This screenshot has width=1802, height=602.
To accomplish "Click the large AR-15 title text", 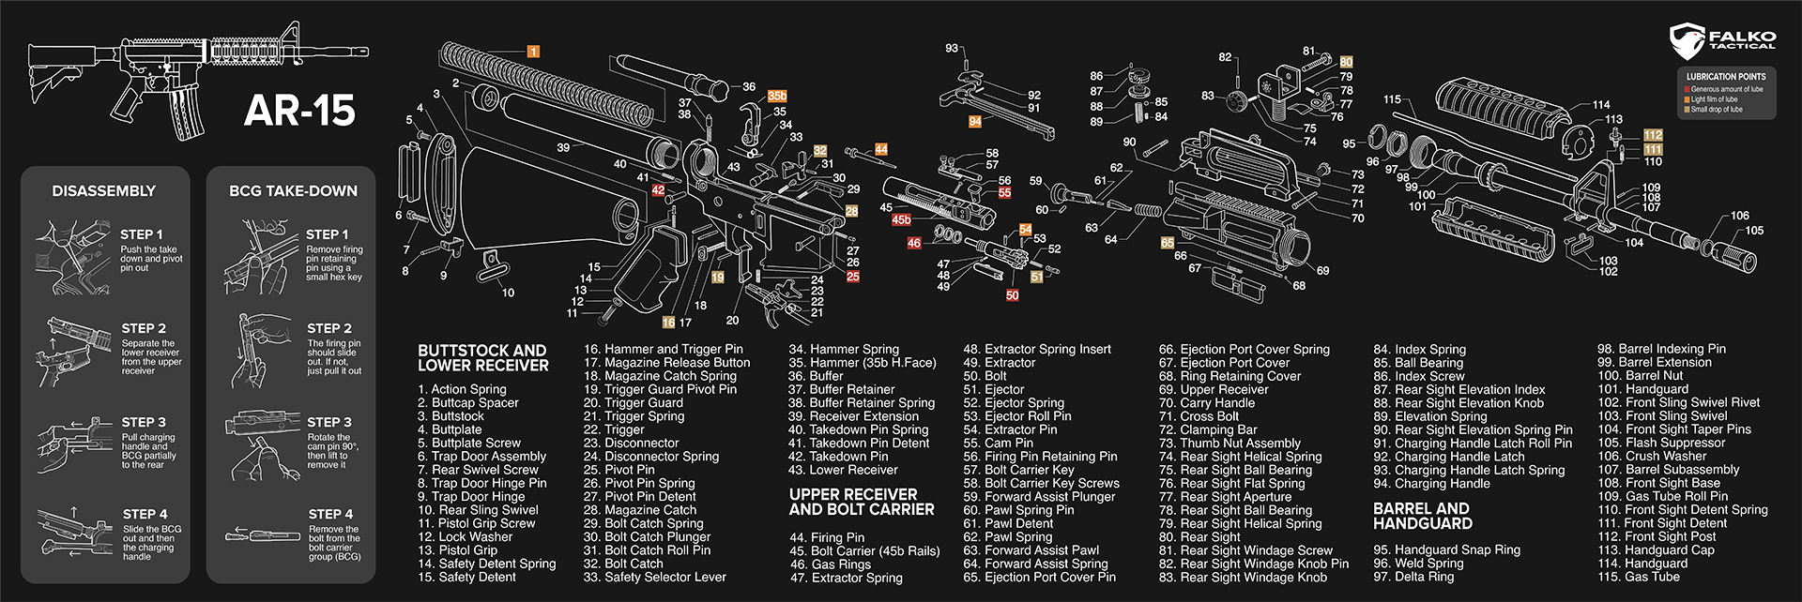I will pyautogui.click(x=299, y=111).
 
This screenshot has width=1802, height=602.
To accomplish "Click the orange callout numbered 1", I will pyautogui.click(x=533, y=52).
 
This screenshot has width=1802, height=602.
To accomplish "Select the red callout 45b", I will pyautogui.click(x=901, y=219).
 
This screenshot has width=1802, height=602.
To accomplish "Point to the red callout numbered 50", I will pyautogui.click(x=1012, y=295).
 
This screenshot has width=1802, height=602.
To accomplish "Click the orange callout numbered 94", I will pyautogui.click(x=975, y=122).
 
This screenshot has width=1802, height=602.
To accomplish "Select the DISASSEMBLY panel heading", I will pyautogui.click(x=103, y=190).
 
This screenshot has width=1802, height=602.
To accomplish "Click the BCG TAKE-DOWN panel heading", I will pyautogui.click(x=292, y=190).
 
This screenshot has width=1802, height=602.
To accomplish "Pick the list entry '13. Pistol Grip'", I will pyautogui.click(x=458, y=550).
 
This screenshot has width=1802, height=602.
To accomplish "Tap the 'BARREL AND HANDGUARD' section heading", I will pyautogui.click(x=1422, y=516).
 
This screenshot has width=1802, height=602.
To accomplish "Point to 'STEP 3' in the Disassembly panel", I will pyautogui.click(x=143, y=422).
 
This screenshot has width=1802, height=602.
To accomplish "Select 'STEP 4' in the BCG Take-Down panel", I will pyautogui.click(x=330, y=514).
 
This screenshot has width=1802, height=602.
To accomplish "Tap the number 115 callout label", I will pyautogui.click(x=1392, y=99).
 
